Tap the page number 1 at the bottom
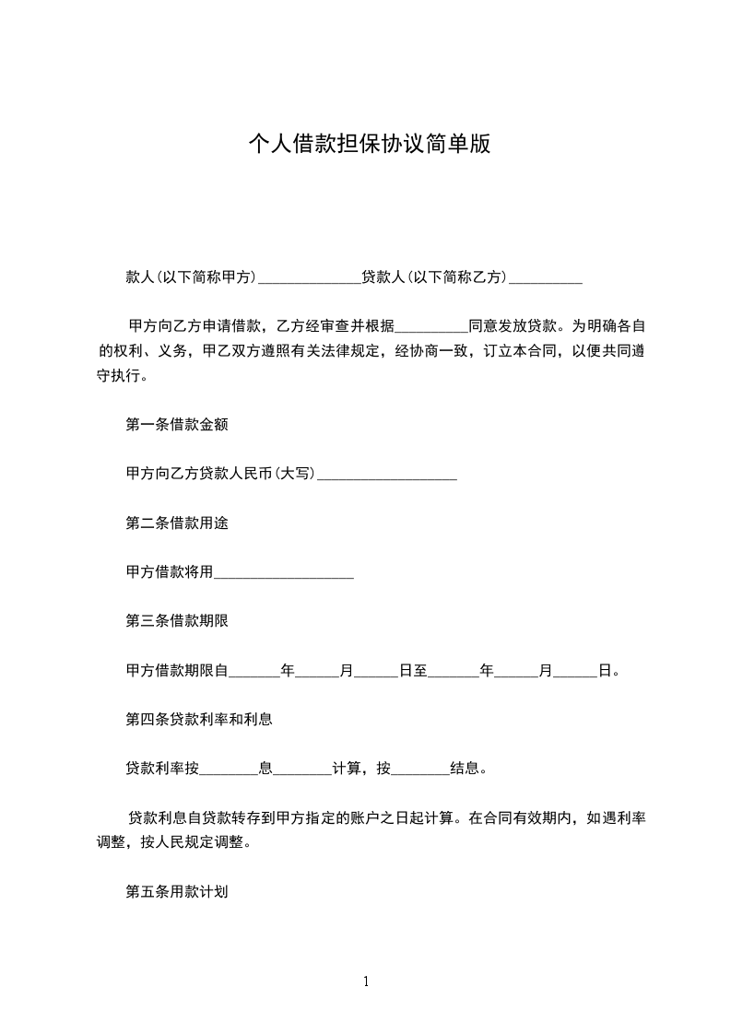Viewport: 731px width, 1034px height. [x=366, y=981]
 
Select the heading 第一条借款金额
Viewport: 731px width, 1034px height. [x=177, y=425]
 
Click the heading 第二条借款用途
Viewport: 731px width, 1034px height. [x=177, y=523]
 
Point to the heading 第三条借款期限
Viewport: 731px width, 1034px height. [x=177, y=620]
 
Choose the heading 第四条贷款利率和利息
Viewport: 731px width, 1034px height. [x=199, y=718]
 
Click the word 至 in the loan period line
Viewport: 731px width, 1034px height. [x=420, y=670]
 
